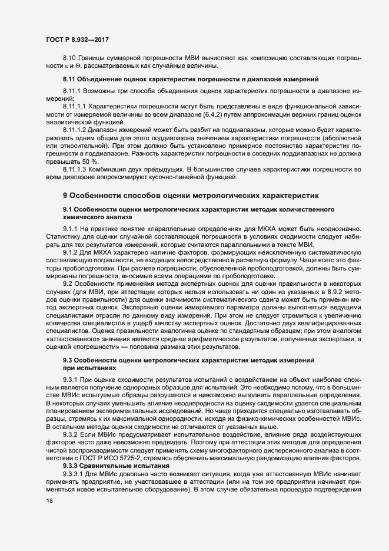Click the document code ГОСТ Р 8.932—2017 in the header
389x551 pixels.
(77, 39)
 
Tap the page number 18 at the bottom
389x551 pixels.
(50, 500)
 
